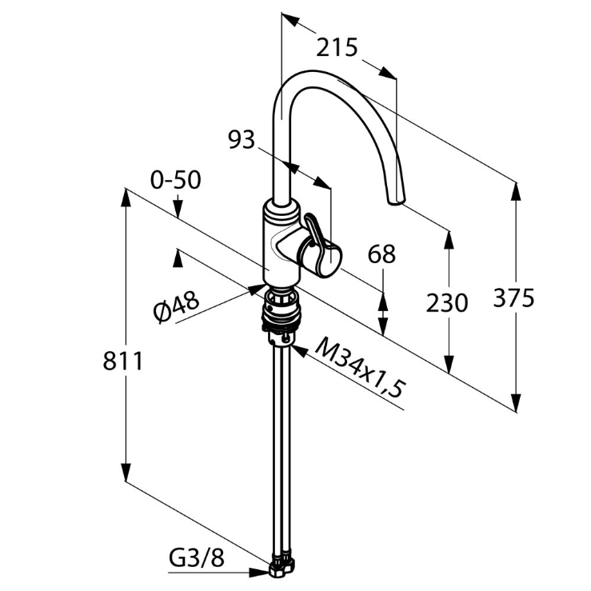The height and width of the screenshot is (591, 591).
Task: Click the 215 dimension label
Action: [336, 47]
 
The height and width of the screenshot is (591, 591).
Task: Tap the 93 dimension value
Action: [242, 140]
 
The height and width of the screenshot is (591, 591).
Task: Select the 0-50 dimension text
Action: [176, 180]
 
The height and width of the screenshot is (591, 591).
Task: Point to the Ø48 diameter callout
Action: [176, 307]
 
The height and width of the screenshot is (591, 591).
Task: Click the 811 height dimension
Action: [123, 361]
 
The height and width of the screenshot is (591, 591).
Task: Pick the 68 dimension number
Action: [381, 254]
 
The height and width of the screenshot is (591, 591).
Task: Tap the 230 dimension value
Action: [446, 303]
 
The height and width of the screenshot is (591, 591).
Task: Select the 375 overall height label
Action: [513, 297]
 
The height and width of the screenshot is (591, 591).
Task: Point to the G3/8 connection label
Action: [197, 558]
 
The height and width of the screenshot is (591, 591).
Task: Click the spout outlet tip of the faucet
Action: [396, 201]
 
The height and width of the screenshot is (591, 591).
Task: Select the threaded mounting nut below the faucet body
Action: [282, 309]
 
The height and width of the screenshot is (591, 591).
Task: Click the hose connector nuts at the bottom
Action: [282, 569]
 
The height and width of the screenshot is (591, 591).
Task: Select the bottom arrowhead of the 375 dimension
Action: [517, 403]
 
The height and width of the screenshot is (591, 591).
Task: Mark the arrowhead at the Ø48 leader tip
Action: [256, 289]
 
